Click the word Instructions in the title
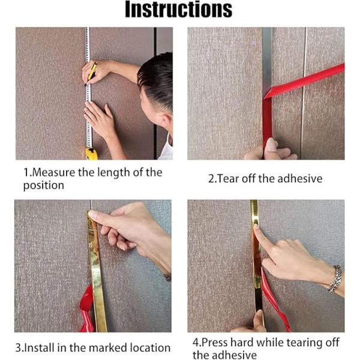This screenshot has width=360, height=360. pos(178,9)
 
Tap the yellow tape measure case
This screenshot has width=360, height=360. pos(91,154)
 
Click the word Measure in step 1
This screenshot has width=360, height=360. pos(54,172)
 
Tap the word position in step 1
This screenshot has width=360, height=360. pos(44,185)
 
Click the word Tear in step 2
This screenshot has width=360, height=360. pos(228,179)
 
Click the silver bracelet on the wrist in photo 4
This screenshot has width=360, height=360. pos(335,279)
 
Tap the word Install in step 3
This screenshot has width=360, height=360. pos(39,347)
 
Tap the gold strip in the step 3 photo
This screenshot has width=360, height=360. pos(97,271)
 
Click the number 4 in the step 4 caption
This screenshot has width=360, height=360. pos(196,343)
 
